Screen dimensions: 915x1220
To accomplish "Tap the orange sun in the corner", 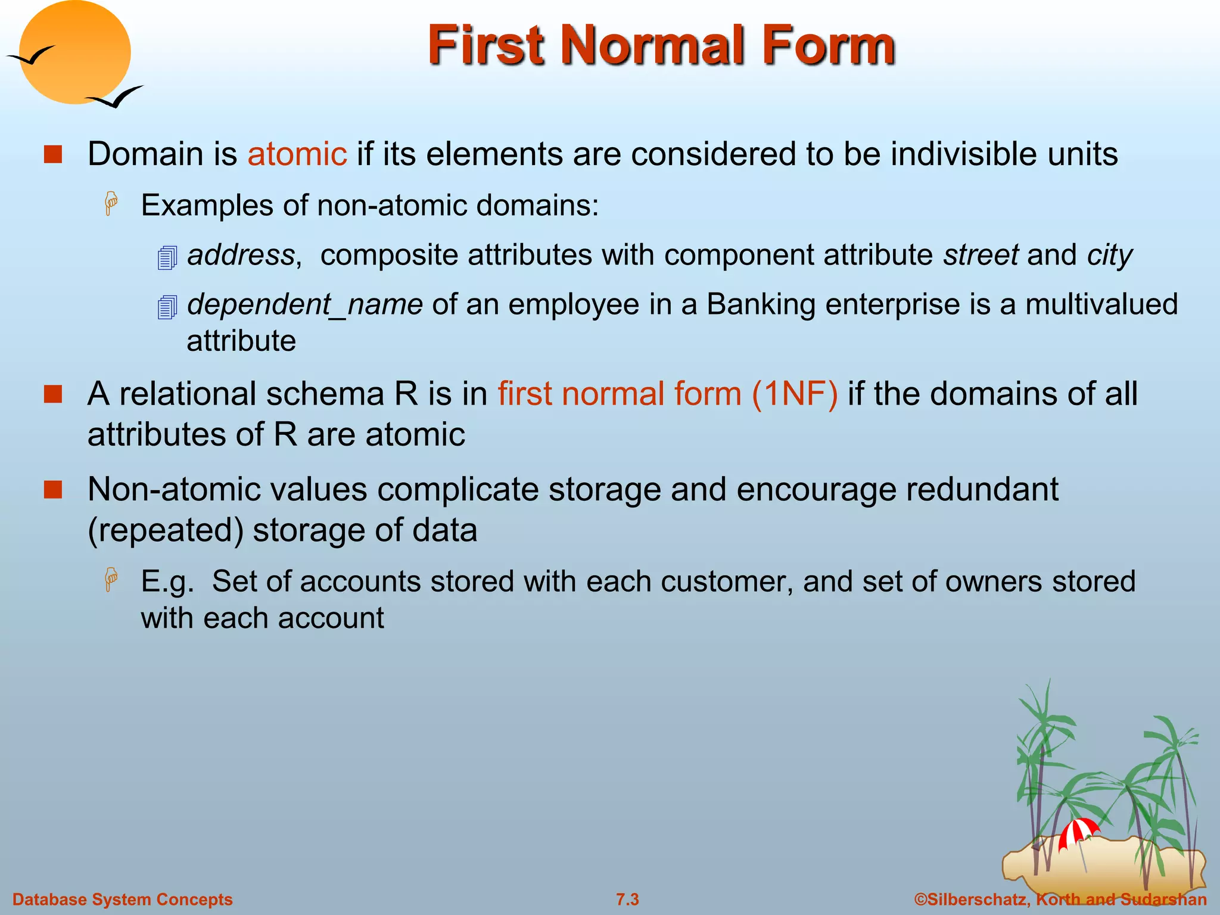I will (x=75, y=52).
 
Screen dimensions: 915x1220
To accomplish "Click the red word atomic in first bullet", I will (x=297, y=154).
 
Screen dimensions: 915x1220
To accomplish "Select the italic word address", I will (x=241, y=255).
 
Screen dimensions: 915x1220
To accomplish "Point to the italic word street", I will (x=981, y=255).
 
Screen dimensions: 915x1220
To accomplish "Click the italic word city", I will (x=1109, y=255).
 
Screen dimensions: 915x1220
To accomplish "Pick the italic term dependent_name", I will (x=305, y=304).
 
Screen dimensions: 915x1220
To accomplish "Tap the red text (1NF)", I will (x=794, y=394).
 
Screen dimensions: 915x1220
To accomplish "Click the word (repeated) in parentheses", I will (x=165, y=530).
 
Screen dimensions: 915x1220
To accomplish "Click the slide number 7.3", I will (x=627, y=900).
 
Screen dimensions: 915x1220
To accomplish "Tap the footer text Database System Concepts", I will (x=123, y=900).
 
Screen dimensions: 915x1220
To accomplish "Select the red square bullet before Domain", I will (x=53, y=154).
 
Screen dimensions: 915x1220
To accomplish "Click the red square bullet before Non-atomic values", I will (x=53, y=490).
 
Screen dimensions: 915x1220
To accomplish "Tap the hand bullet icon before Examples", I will (x=111, y=204).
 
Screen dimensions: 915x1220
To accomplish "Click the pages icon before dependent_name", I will (x=167, y=307).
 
